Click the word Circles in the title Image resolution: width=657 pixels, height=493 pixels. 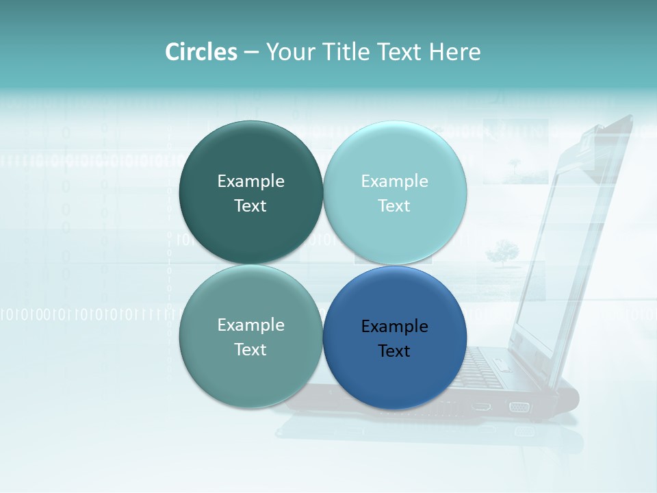(x=201, y=52)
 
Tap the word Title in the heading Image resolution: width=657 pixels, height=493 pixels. (x=347, y=52)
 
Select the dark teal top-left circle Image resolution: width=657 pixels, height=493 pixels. (x=250, y=151)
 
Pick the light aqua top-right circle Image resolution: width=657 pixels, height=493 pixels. (x=395, y=151)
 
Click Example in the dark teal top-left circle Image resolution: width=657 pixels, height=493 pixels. (x=250, y=181)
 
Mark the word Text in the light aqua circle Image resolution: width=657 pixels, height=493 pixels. (x=394, y=206)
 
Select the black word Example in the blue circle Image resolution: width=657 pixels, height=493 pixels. (x=394, y=327)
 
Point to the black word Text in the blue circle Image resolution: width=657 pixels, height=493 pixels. (x=394, y=351)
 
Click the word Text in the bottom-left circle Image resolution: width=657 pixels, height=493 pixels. (x=250, y=350)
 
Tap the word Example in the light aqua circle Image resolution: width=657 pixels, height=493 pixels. (x=394, y=181)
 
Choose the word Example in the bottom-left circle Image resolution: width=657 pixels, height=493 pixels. (x=250, y=325)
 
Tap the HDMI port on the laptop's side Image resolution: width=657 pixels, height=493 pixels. (x=482, y=406)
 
